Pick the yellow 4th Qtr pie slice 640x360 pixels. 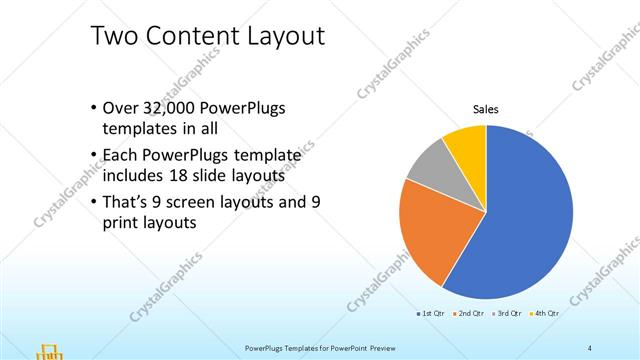coord(466,142)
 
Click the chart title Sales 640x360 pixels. coord(486,109)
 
